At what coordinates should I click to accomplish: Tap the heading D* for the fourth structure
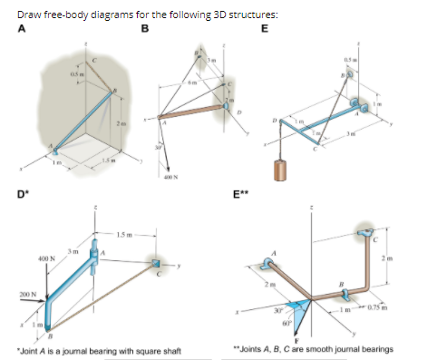(20, 192)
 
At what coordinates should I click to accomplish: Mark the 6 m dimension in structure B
(192, 83)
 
